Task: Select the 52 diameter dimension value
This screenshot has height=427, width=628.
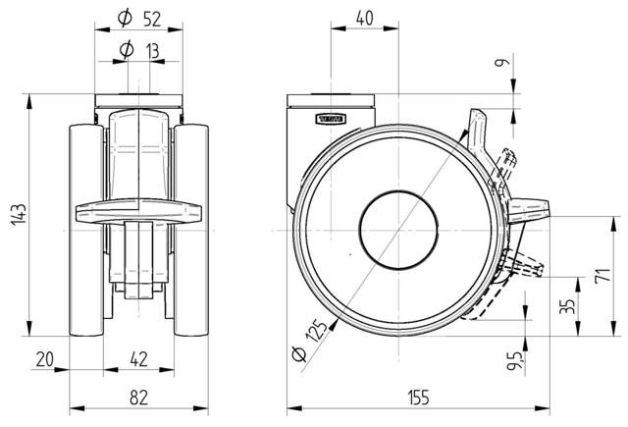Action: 153,18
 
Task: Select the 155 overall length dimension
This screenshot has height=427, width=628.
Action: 419,397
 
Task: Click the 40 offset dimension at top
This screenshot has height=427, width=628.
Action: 364,18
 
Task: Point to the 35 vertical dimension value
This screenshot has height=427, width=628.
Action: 566,306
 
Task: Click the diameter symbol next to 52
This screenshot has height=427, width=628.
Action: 124,18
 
